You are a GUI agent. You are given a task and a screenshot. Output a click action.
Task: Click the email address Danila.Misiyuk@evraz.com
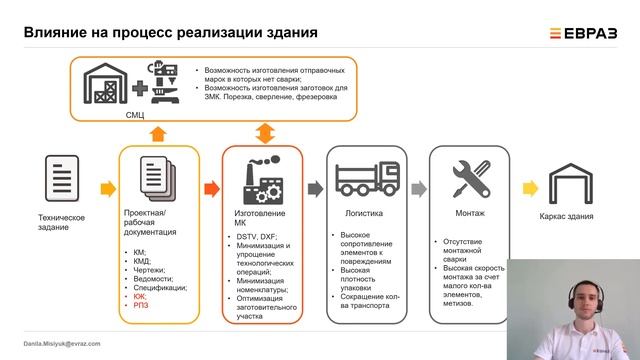coord(62,342)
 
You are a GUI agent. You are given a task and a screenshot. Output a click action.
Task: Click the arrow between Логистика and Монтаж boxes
coord(417,185)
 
